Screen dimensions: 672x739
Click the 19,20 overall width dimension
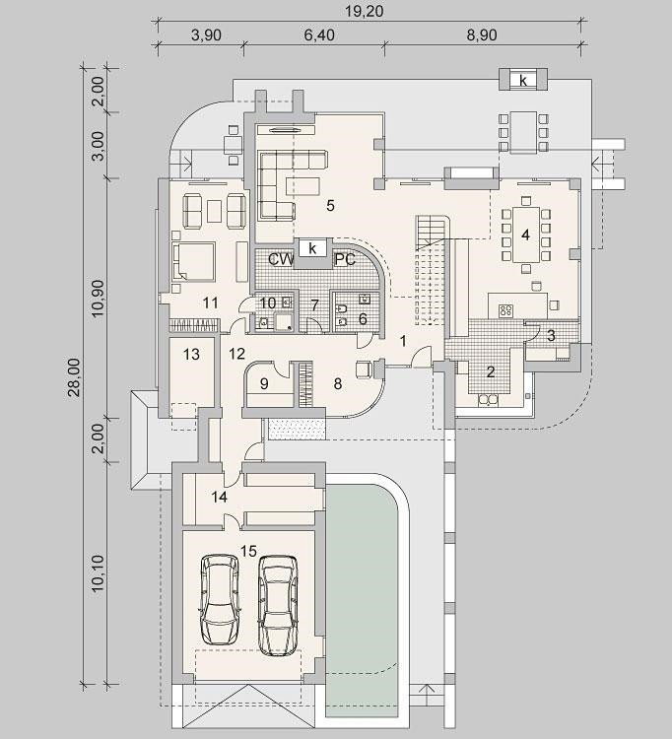[365, 11]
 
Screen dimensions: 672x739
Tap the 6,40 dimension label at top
[319, 35]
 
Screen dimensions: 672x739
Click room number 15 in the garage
[249, 551]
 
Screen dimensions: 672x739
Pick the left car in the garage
[220, 598]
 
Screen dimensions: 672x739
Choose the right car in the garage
[278, 606]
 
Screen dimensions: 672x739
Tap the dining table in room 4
[525, 235]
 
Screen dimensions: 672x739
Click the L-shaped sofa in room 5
[283, 184]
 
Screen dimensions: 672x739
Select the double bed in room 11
[194, 261]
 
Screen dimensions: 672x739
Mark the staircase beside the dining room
[432, 270]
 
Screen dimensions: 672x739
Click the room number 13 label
[192, 354]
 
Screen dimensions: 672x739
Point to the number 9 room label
[264, 383]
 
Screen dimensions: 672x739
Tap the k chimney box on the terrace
[523, 80]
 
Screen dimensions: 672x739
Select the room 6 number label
[363, 319]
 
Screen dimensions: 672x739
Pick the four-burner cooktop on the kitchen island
[506, 310]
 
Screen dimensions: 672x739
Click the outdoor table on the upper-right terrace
[523, 132]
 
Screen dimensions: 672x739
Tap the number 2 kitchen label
[491, 371]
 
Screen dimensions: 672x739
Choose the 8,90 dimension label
[482, 35]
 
